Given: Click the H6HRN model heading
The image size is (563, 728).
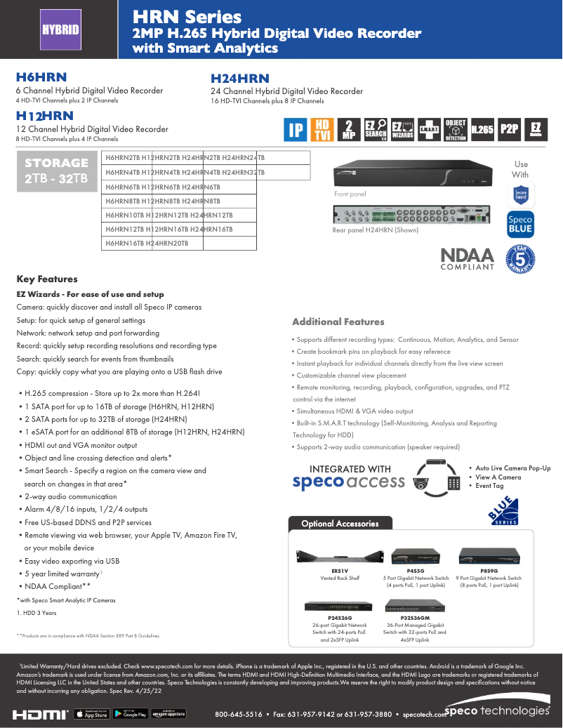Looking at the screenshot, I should [x=41, y=78].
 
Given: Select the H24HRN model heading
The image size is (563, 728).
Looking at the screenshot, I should [x=240, y=79].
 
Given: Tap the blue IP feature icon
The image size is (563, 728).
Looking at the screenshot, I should [x=296, y=129].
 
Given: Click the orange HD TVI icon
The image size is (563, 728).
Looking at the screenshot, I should [x=322, y=129].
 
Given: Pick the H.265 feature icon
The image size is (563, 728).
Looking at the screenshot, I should [x=482, y=129].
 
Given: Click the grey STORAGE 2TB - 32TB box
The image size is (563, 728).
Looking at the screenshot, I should [x=56, y=171].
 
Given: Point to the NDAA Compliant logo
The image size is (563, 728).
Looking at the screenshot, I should [x=467, y=258].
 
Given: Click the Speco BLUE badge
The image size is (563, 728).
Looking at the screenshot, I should [x=520, y=224].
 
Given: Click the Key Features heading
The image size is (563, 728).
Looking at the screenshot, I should [x=47, y=279].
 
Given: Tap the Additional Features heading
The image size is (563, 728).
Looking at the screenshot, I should [x=338, y=322].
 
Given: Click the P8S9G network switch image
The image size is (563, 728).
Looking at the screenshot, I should [x=489, y=555].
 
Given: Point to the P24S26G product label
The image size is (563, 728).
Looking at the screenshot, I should [x=340, y=618].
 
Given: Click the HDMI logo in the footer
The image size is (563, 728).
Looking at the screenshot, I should [x=41, y=714].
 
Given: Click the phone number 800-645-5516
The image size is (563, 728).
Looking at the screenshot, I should [x=238, y=715].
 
